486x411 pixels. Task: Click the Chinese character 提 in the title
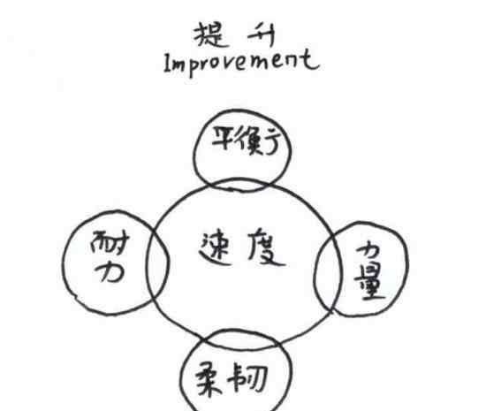(x=209, y=35)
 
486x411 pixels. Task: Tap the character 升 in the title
(x=262, y=35)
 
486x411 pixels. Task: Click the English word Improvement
(x=241, y=63)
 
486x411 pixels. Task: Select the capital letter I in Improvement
(x=167, y=64)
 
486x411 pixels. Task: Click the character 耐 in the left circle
(x=110, y=244)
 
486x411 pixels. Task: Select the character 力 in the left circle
(x=110, y=272)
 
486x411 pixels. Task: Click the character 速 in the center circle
(x=215, y=248)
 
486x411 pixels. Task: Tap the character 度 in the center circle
(x=265, y=248)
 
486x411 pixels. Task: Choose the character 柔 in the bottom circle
(x=209, y=379)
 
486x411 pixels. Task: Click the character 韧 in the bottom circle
(x=247, y=379)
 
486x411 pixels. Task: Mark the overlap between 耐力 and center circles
(x=158, y=263)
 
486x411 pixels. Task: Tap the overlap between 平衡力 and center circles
(x=239, y=185)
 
